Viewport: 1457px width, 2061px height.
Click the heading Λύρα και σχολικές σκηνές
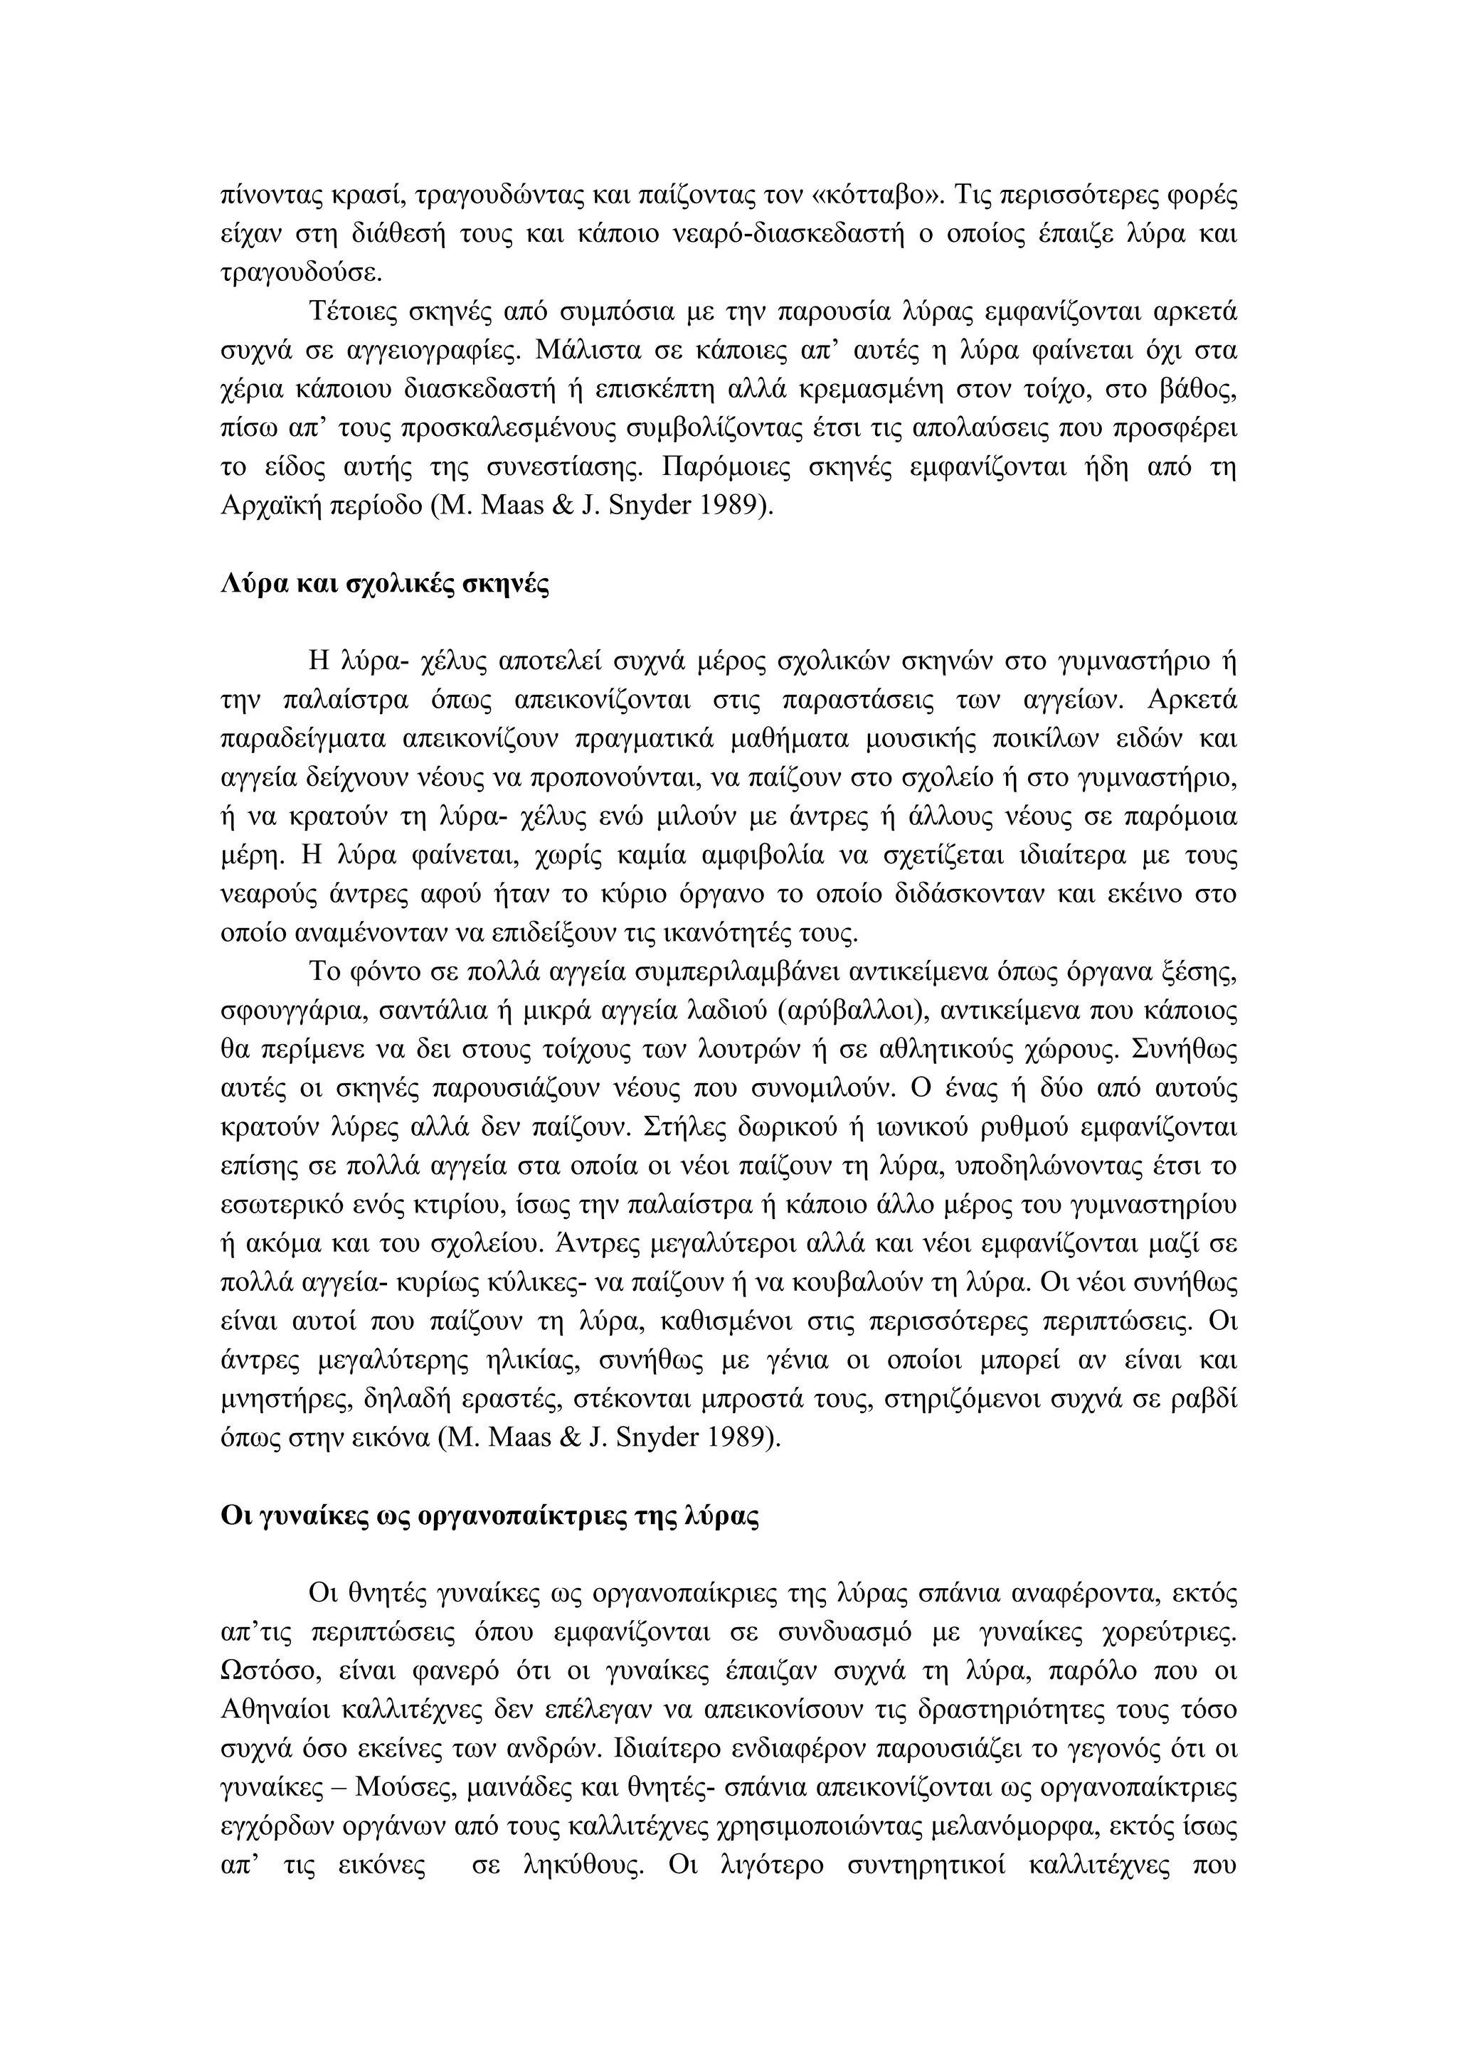(x=384, y=585)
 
